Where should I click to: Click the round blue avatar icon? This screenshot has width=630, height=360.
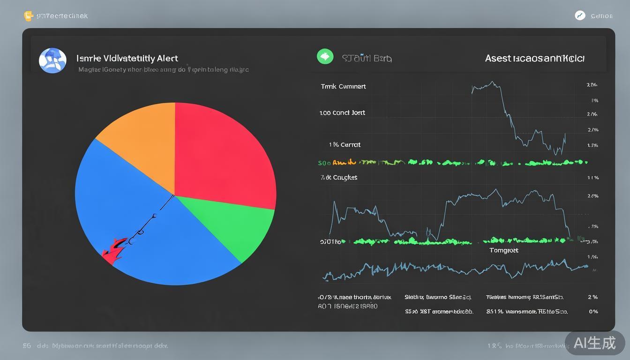pyautogui.click(x=52, y=60)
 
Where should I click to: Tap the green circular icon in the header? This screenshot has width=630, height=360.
pyautogui.click(x=325, y=57)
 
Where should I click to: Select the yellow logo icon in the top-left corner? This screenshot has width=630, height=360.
pyautogui.click(x=28, y=16)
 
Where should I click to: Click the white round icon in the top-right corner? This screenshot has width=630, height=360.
pyautogui.click(x=580, y=15)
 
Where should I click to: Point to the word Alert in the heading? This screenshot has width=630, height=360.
pyautogui.click(x=167, y=58)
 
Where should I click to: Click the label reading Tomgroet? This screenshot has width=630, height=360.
pyautogui.click(x=504, y=250)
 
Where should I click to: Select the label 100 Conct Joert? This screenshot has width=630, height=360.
pyautogui.click(x=342, y=112)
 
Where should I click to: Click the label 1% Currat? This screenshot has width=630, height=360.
pyautogui.click(x=345, y=144)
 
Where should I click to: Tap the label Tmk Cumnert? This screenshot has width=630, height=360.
pyautogui.click(x=343, y=86)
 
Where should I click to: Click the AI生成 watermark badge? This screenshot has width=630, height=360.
pyautogui.click(x=594, y=343)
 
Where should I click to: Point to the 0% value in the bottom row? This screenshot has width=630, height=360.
pyautogui.click(x=593, y=311)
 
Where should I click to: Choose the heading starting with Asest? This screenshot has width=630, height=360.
pyautogui.click(x=534, y=58)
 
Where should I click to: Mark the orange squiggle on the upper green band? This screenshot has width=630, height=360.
pyautogui.click(x=345, y=163)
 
